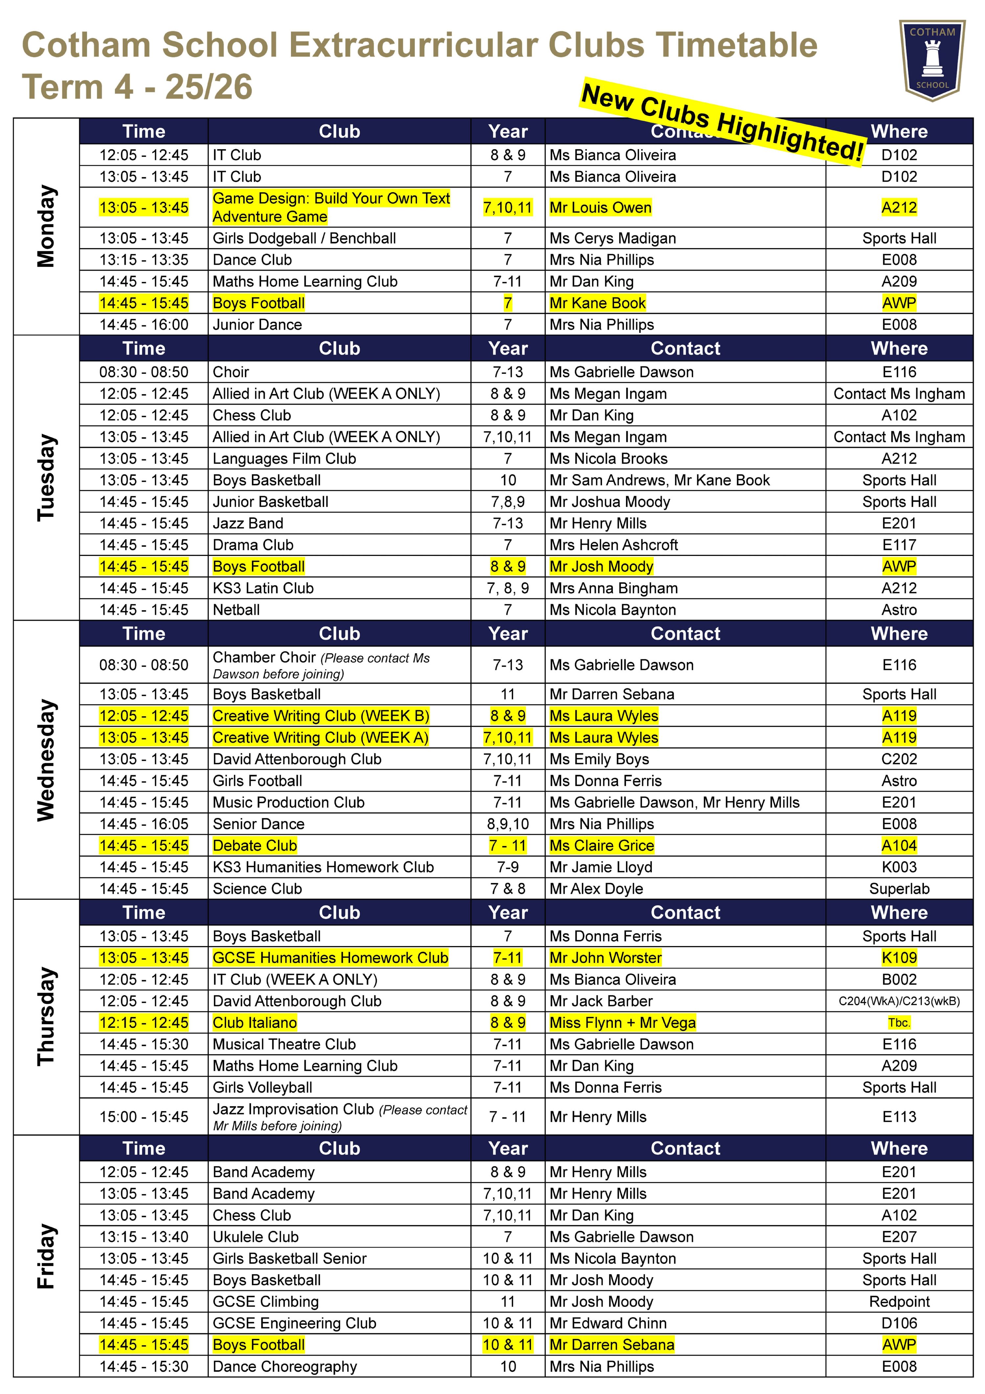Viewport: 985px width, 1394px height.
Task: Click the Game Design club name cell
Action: (331, 207)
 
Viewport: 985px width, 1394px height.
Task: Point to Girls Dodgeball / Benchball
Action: (303, 238)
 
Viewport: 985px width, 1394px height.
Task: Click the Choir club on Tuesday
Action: (231, 372)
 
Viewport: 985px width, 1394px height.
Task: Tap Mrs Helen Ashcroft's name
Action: (613, 544)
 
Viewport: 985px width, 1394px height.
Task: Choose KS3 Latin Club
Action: (263, 588)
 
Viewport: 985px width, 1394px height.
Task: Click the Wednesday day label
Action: (46, 760)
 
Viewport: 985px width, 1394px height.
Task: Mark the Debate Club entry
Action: (255, 845)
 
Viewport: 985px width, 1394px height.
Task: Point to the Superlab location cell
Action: (899, 888)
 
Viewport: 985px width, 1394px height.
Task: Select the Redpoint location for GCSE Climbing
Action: (899, 1301)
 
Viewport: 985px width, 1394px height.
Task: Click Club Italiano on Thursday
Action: (255, 1022)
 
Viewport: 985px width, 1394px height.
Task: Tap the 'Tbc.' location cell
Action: (899, 1022)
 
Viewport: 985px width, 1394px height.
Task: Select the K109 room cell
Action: (899, 958)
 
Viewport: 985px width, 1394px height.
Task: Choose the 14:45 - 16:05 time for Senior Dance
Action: (144, 824)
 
